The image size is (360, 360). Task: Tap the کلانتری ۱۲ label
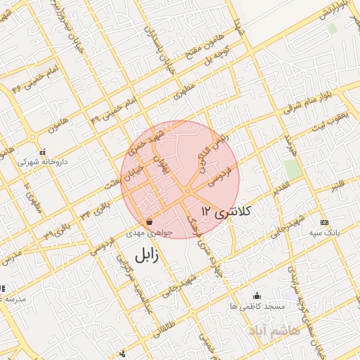(226, 210)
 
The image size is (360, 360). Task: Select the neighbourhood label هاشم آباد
(274, 329)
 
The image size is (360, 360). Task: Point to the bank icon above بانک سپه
(323, 221)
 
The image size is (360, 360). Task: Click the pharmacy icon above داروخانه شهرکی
(43, 151)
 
